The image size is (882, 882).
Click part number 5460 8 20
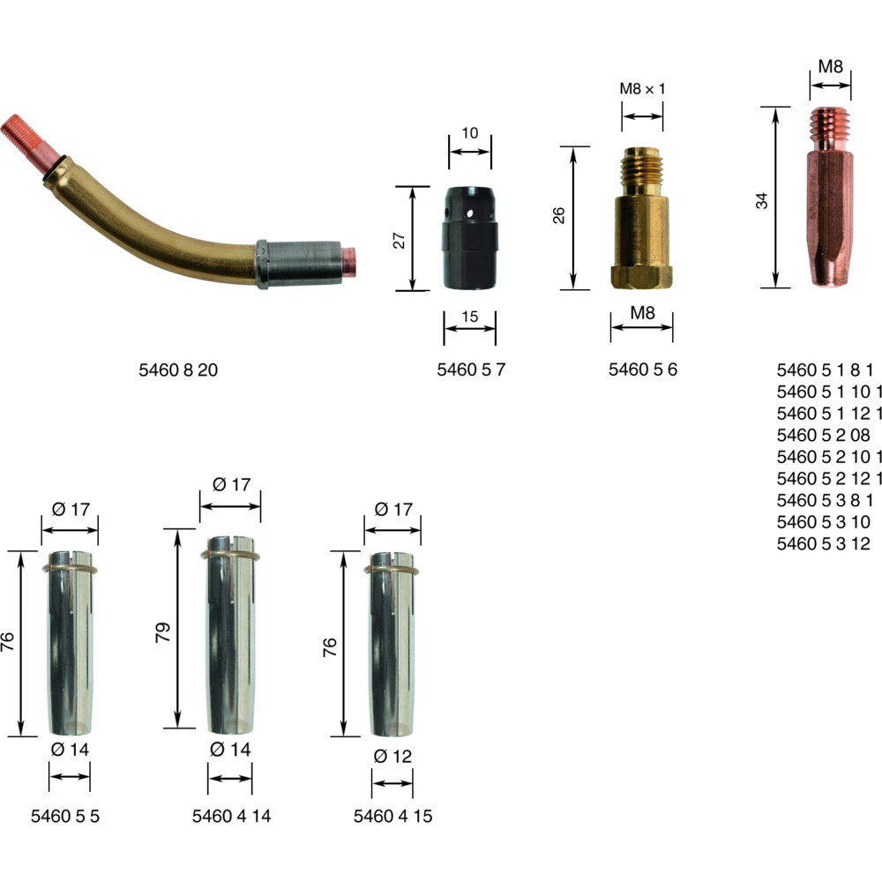tap(178, 370)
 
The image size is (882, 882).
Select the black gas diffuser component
tap(470, 238)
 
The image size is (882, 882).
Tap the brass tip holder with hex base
tap(642, 218)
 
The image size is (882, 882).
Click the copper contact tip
tap(831, 197)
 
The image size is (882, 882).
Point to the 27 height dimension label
tap(399, 240)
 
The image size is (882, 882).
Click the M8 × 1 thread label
tap(642, 88)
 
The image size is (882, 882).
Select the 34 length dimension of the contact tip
tap(762, 201)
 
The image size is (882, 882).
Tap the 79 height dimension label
tap(162, 632)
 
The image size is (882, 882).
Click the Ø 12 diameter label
tap(392, 756)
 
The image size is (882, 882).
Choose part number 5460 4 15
tap(392, 816)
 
